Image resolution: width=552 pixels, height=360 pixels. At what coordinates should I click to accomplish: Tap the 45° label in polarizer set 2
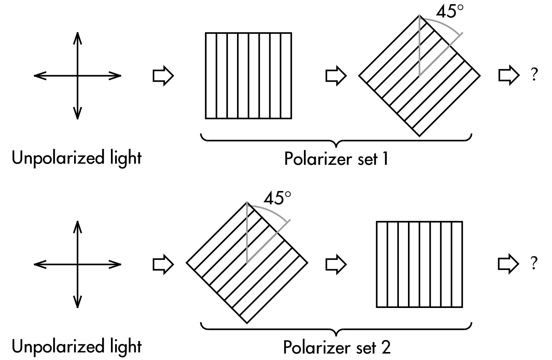click(x=277, y=198)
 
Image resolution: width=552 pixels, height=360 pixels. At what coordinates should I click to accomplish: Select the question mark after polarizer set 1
click(x=535, y=75)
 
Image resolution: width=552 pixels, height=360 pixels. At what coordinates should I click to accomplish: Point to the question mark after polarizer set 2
click(x=535, y=263)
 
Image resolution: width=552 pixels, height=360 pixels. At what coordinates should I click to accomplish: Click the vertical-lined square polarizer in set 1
click(x=248, y=76)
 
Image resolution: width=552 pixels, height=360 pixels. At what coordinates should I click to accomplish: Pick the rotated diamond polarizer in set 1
click(x=419, y=76)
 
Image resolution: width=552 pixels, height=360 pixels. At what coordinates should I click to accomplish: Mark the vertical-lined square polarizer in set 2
click(x=419, y=264)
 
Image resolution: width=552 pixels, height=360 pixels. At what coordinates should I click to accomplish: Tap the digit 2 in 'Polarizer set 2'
click(x=385, y=347)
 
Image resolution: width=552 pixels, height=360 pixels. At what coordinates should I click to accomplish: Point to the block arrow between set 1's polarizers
click(x=336, y=76)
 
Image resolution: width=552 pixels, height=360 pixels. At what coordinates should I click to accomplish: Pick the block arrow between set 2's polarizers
click(x=336, y=264)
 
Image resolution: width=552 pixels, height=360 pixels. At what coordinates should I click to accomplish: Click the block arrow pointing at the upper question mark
click(x=508, y=75)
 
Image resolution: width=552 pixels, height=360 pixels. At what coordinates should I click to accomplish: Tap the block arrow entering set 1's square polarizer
click(x=163, y=76)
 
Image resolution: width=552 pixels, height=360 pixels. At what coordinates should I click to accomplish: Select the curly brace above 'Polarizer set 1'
click(x=336, y=140)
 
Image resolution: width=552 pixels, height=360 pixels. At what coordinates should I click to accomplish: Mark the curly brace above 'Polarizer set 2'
click(x=336, y=329)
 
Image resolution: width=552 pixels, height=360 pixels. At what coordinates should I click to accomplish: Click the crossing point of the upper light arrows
click(x=78, y=76)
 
